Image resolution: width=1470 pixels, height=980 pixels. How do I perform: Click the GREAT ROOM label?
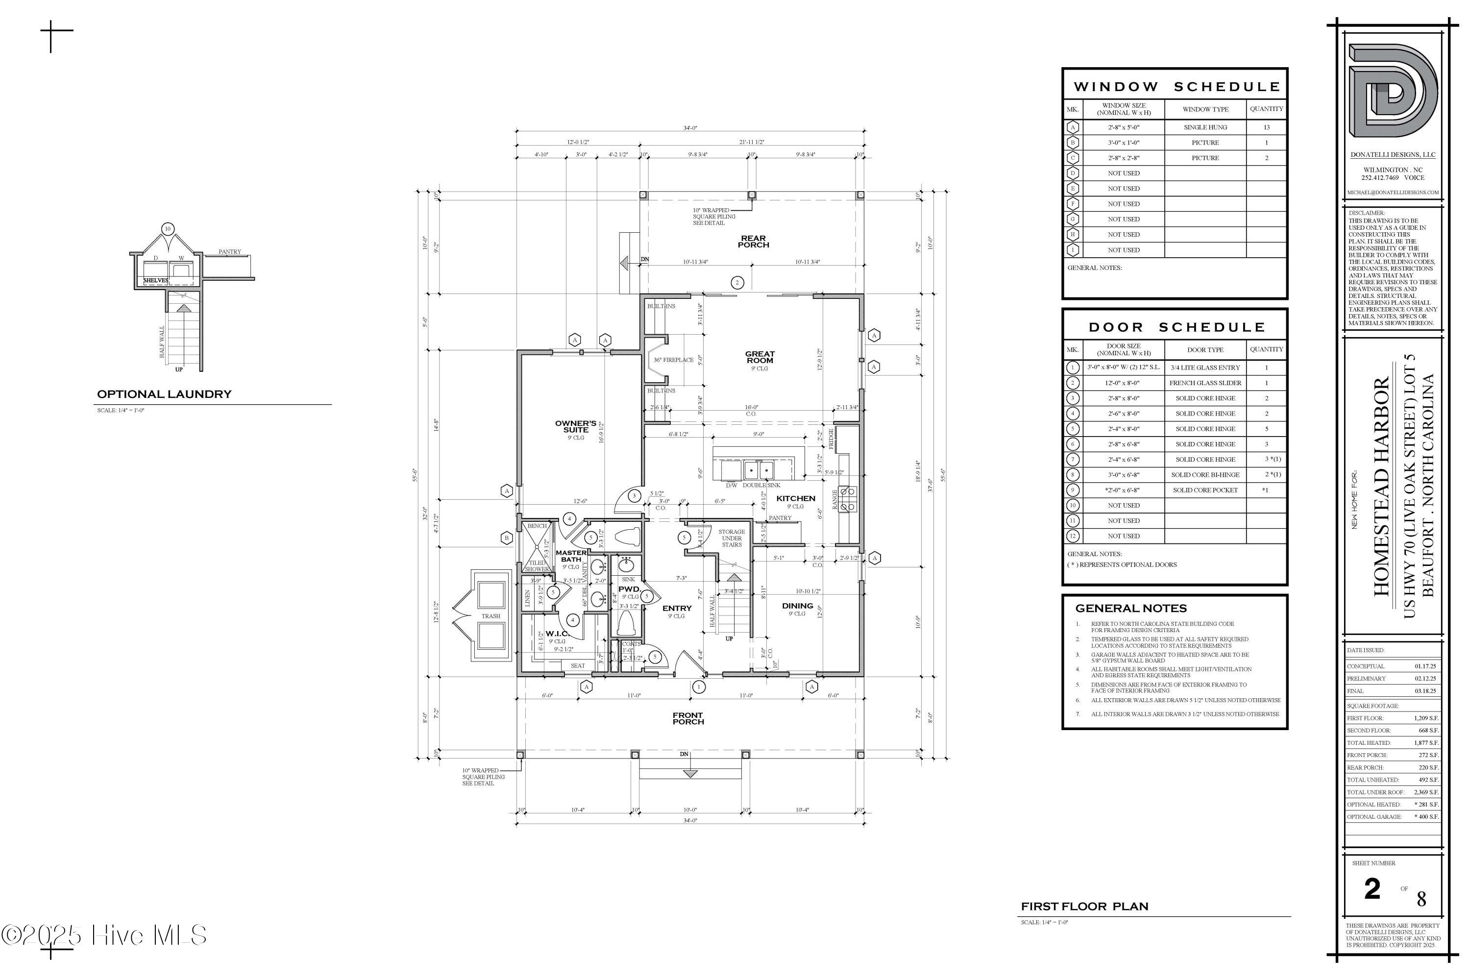tap(759, 357)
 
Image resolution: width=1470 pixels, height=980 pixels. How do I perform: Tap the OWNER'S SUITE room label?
tap(576, 426)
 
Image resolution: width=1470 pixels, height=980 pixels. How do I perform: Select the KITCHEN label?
tap(796, 498)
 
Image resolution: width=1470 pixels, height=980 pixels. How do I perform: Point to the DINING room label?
tap(798, 605)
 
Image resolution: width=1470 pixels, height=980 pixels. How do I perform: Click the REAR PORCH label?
tap(754, 241)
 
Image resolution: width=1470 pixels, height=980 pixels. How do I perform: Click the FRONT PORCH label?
tap(687, 718)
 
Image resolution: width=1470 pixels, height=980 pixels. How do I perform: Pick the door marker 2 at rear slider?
tap(737, 283)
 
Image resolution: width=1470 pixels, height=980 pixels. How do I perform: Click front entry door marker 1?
tap(698, 687)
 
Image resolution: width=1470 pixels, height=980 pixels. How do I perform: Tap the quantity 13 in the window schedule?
tap(1266, 127)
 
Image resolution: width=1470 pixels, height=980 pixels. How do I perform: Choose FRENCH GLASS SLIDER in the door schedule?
tap(1205, 383)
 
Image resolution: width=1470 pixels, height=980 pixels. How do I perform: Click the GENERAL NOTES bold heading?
tap(1130, 608)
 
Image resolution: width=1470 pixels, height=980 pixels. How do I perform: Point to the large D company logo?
tap(1393, 91)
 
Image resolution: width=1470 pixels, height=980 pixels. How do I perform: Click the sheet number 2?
tap(1372, 889)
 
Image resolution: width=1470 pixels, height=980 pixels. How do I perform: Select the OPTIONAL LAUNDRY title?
tap(164, 394)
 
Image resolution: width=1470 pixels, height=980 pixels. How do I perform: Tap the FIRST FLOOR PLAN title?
tap(1084, 906)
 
